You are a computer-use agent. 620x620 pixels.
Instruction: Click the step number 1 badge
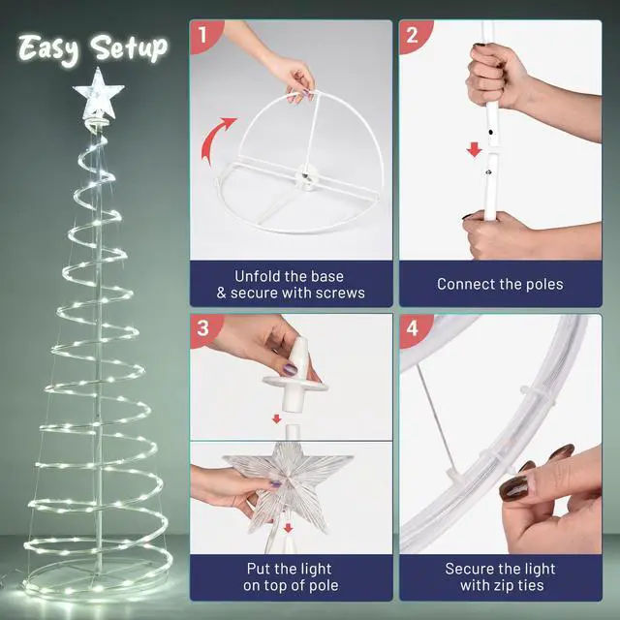click(x=203, y=36)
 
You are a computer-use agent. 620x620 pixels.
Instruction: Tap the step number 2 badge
click(x=414, y=36)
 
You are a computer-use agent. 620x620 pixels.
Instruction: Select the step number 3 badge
click(x=203, y=328)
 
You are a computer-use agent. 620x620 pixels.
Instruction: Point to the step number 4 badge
click(x=414, y=328)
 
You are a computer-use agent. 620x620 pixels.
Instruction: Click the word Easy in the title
click(x=50, y=47)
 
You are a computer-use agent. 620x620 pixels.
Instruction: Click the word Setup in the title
click(x=129, y=47)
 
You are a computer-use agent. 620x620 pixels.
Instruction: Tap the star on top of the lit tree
click(x=99, y=94)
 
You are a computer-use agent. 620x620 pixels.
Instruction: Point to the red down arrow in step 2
click(x=475, y=150)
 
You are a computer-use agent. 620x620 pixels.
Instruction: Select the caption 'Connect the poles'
click(x=500, y=285)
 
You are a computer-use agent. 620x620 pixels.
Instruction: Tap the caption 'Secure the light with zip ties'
click(x=500, y=576)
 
